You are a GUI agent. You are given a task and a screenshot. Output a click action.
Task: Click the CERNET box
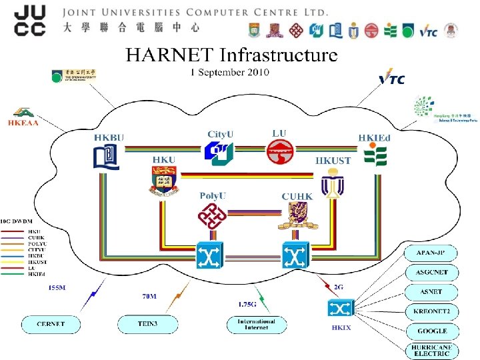pos(51,325)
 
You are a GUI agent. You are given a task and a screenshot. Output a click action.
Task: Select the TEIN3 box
pos(148,325)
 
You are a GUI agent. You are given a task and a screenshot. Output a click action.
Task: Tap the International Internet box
pos(256,325)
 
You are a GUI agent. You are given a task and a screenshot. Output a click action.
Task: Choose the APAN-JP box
pos(432,253)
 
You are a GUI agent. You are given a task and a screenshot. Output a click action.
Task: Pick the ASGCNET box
pos(432,273)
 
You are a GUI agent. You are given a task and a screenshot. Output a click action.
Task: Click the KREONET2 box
pos(432,311)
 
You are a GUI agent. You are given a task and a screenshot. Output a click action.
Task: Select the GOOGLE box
pos(432,331)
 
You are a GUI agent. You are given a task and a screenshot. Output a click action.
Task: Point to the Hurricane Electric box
pos(432,350)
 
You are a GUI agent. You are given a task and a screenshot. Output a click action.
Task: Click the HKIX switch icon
pos(340,308)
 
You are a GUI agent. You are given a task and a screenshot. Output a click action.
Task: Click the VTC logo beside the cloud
pos(391,79)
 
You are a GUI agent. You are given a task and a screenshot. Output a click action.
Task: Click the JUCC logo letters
pos(30,20)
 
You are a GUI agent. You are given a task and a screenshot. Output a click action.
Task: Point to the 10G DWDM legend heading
pos(20,220)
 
